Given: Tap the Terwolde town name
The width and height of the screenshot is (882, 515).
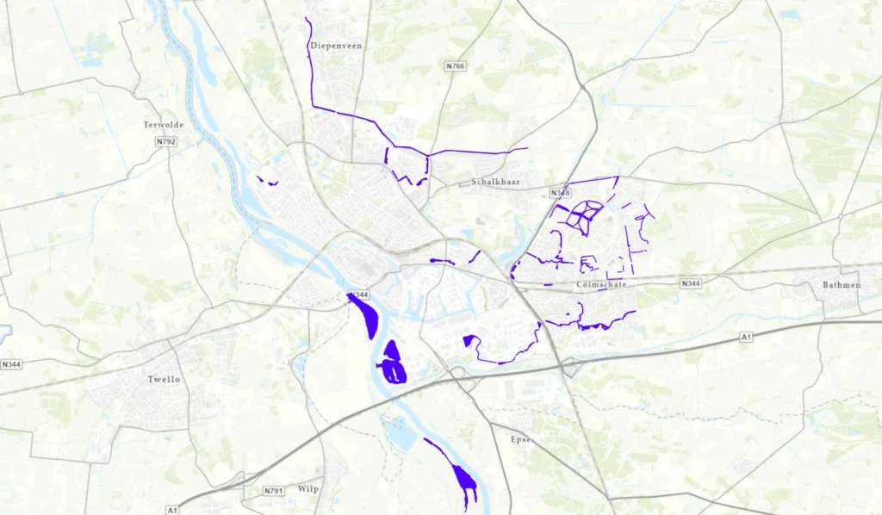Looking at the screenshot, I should click(164, 125).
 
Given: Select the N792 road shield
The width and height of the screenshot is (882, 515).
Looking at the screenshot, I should click(166, 141).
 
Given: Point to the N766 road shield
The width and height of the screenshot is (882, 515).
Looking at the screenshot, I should click(456, 66).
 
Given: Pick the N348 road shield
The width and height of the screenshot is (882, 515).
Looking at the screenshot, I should click(560, 193).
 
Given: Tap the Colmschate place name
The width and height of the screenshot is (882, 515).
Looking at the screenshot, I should click(601, 284).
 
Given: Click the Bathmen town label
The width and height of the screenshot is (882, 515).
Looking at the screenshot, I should click(841, 284).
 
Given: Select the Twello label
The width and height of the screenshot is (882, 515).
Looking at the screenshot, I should click(164, 379).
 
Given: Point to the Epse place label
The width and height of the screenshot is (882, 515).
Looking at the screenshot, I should click(522, 439).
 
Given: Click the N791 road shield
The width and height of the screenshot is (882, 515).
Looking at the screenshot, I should click(274, 491).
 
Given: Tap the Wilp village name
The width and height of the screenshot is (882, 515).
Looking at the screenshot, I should click(308, 489).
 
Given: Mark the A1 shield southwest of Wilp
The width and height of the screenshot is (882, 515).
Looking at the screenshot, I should click(172, 509).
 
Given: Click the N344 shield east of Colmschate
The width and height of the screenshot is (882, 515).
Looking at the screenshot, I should click(690, 283).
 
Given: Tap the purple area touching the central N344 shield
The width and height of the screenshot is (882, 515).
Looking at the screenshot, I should click(364, 315).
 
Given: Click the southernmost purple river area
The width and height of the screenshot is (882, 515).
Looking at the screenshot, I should click(463, 480).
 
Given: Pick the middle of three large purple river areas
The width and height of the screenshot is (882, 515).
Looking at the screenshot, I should click(393, 362).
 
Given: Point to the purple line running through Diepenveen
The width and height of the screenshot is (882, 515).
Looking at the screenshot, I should click(310, 69).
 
